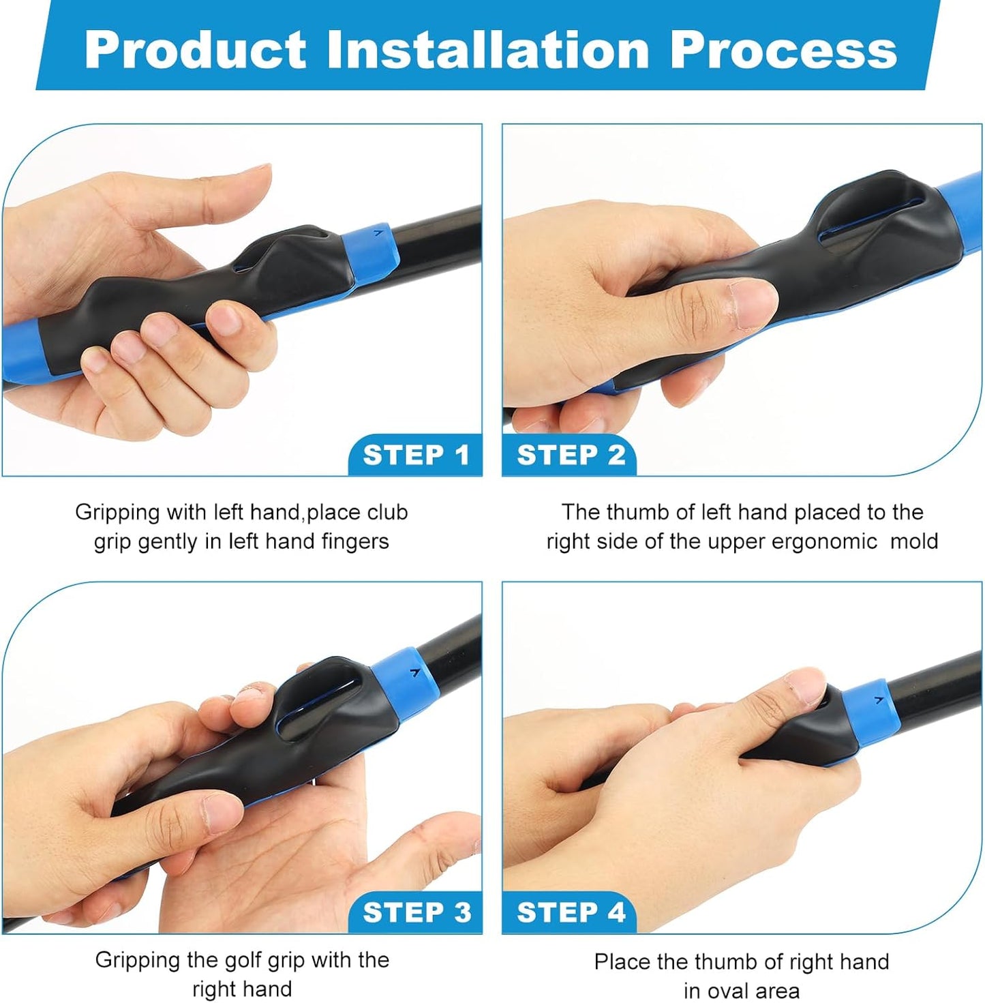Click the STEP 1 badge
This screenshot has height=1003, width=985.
click(x=416, y=455)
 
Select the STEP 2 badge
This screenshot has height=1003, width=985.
click(x=571, y=455)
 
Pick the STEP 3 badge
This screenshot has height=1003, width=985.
click(x=416, y=912)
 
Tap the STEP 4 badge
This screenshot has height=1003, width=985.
click(x=571, y=912)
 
